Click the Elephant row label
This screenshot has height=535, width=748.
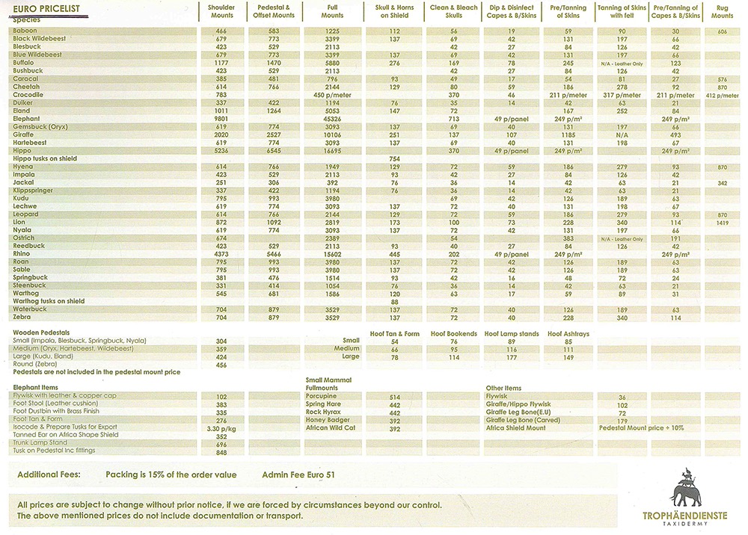[26, 119]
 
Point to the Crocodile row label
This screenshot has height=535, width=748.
[28, 95]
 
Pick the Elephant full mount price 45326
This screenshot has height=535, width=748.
[332, 119]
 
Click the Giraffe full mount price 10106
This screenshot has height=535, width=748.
[332, 135]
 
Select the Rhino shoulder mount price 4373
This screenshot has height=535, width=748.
[221, 254]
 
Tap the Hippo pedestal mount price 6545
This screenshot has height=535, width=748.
[273, 151]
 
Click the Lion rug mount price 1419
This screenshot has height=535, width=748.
[722, 223]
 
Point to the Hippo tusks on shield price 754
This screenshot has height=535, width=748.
[394, 159]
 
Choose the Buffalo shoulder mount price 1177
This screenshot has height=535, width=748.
[221, 63]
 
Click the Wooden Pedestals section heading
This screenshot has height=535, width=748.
[41, 331]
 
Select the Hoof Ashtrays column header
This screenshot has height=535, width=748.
[568, 333]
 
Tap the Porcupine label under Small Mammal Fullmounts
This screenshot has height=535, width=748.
[322, 397]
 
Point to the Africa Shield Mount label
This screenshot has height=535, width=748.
[516, 428]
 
